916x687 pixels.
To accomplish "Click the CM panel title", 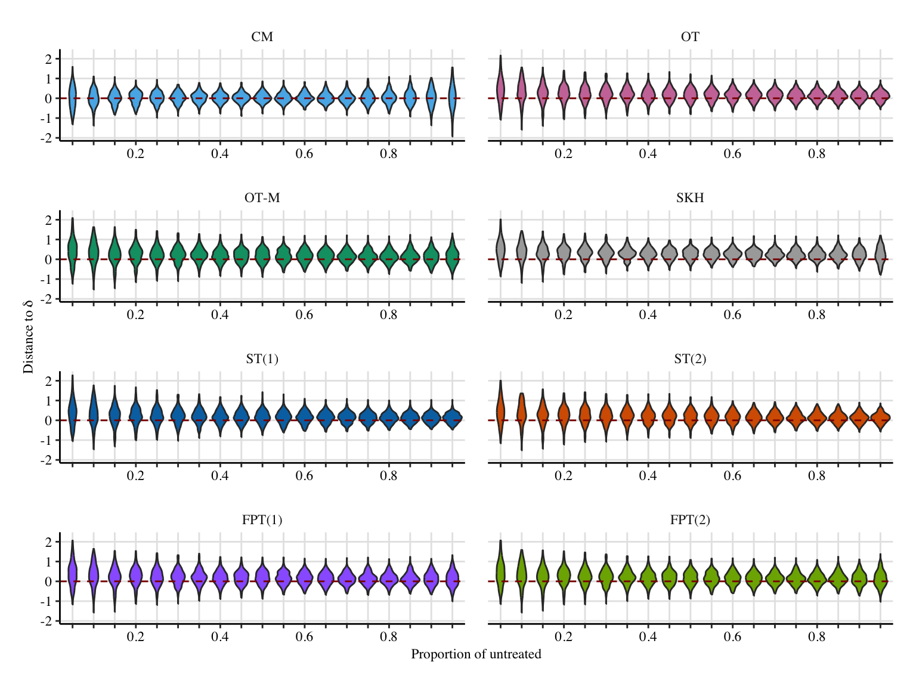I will tap(262, 37).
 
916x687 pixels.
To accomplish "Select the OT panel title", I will tap(690, 37).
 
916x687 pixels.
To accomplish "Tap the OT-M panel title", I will tap(262, 198).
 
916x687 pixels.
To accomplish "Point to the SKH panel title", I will tap(690, 198).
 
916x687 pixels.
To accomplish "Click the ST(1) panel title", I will tap(262, 359).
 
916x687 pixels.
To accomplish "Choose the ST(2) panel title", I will tap(690, 359).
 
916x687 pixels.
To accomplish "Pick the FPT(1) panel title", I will tap(262, 520).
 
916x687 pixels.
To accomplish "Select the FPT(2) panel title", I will tap(690, 520).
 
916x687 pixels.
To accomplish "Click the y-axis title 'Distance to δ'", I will tap(28, 338).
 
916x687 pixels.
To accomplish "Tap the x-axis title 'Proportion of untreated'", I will tap(476, 655).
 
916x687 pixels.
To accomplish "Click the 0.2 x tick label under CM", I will tap(135, 154).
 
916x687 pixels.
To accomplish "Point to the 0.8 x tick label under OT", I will tap(817, 154).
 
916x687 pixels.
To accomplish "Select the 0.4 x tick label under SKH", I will tap(648, 315).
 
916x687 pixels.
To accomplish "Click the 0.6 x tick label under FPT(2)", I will tap(732, 637).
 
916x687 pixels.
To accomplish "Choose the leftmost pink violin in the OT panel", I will tap(500, 89).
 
